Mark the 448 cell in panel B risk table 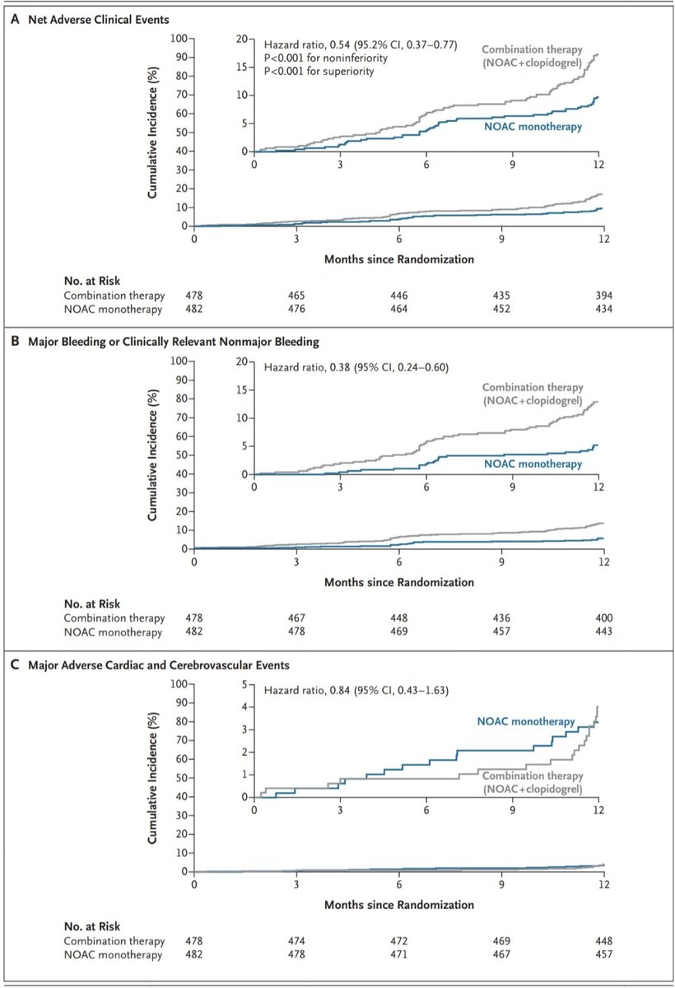click(398, 617)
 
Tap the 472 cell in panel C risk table click(398, 940)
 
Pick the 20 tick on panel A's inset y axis click(242, 38)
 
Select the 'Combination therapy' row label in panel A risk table click(114, 295)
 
